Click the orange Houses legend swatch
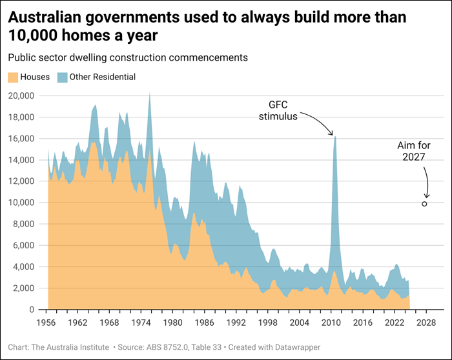click(x=13, y=77)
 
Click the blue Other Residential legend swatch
click(x=61, y=77)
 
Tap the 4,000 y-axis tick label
click(x=25, y=267)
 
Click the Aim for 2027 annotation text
click(x=414, y=152)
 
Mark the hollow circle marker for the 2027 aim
click(x=424, y=204)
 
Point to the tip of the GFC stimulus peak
click(x=335, y=136)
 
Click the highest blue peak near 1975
click(x=150, y=94)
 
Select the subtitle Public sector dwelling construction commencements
click(x=128, y=57)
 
